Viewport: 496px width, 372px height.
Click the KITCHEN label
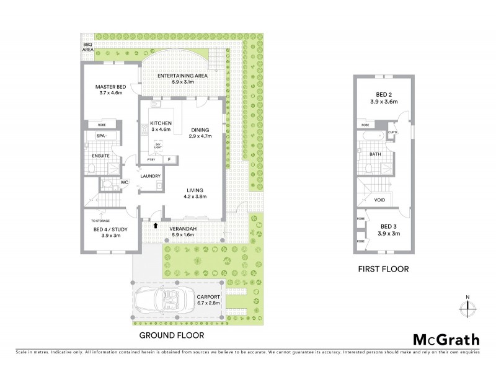(x=161, y=124)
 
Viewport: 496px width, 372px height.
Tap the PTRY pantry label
(x=151, y=160)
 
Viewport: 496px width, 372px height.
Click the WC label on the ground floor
(x=124, y=182)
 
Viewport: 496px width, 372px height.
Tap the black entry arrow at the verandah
(x=156, y=225)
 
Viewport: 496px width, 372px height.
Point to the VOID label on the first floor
(x=380, y=200)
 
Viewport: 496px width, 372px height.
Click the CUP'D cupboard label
(x=392, y=131)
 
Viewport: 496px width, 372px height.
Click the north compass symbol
(x=467, y=307)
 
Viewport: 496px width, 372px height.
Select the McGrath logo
(x=446, y=339)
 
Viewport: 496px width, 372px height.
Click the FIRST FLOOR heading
(x=383, y=270)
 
